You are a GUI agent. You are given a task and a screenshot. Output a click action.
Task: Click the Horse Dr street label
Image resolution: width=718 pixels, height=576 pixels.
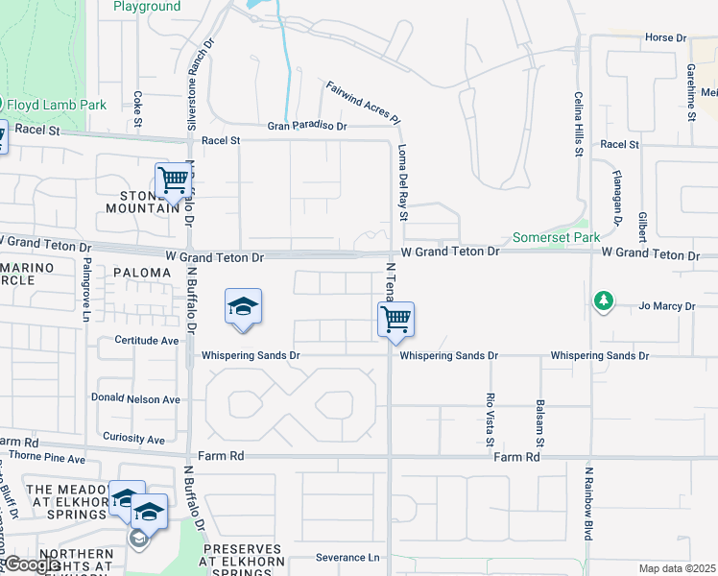click(x=666, y=37)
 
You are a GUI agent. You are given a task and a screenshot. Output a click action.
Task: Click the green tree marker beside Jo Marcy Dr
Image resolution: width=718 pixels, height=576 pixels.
click(x=603, y=301)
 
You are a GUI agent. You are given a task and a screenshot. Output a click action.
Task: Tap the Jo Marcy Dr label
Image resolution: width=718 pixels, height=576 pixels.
click(x=665, y=306)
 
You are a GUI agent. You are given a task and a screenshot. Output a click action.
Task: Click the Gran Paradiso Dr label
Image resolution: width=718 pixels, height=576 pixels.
click(x=306, y=126)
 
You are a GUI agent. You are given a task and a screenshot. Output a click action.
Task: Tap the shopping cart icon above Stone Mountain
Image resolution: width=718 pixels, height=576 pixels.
click(x=173, y=179)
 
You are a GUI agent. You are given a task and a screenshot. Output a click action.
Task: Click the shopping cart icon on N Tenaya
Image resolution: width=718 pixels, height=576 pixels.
click(x=395, y=319)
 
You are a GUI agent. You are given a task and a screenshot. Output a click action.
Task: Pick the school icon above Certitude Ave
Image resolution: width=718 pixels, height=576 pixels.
click(x=243, y=307)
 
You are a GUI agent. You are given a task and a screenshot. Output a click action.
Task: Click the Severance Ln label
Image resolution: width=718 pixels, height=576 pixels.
click(x=347, y=557)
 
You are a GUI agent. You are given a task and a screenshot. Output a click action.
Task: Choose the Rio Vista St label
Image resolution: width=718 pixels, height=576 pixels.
click(x=490, y=420)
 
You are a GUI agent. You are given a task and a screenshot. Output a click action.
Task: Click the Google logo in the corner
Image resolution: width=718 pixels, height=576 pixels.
click(x=33, y=564)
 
